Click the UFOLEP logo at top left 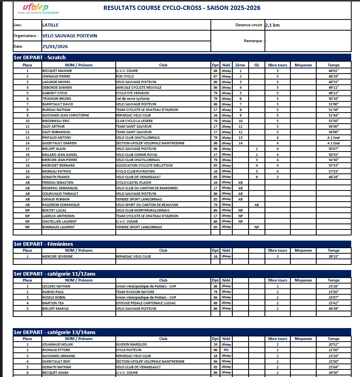click(35, 9)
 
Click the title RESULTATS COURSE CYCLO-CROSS click(182, 8)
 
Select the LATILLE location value click(50, 25)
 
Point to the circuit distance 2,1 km click(272, 25)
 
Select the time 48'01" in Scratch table click(333, 71)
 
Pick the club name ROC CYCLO click(125, 76)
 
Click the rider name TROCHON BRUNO click(56, 99)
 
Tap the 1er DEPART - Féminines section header click(44, 244)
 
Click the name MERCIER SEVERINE click(57, 257)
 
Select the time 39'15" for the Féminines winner click(333, 257)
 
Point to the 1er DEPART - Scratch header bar click(40, 57)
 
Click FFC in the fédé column click(226, 350)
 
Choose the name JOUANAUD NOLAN click(58, 344)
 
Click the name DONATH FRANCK click(56, 177)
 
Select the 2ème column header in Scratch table click(240, 65)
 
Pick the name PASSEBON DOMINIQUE click(61, 205)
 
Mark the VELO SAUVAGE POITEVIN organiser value click(70, 36)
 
